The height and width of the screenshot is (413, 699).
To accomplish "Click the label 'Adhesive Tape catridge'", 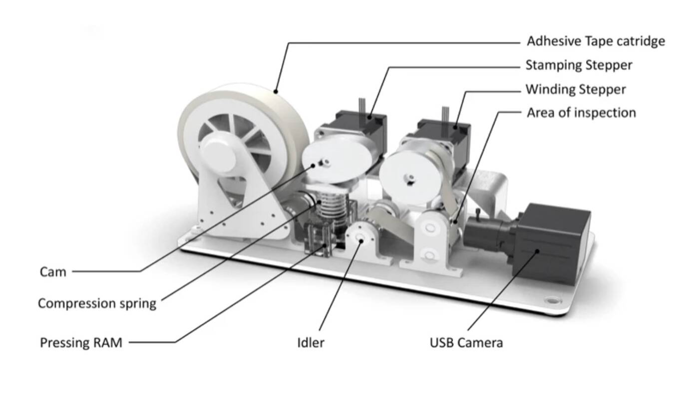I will click(596, 41).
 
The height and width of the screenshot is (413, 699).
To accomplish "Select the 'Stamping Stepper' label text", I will click(579, 65).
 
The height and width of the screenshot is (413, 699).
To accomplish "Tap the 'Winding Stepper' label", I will click(575, 90).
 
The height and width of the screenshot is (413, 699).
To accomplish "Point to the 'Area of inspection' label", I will click(581, 113).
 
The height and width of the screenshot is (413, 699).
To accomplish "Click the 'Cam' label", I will click(53, 272).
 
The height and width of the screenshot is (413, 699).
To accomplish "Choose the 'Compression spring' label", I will click(97, 303).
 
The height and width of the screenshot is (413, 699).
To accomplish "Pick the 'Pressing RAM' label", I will click(81, 343).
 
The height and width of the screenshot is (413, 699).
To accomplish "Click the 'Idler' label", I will click(311, 343).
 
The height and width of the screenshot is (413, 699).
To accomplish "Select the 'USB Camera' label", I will click(466, 343).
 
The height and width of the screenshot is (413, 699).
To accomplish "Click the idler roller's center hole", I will click(360, 238).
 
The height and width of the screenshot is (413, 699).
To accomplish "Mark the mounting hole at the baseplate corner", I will click(552, 301).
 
